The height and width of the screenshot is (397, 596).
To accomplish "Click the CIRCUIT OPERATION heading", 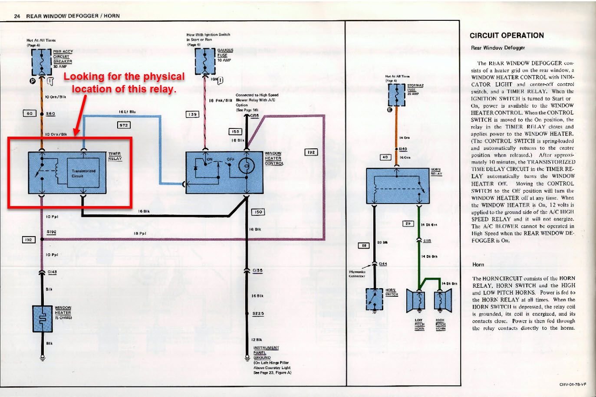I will (507, 36).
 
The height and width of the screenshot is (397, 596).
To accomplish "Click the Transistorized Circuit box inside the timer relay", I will (83, 173).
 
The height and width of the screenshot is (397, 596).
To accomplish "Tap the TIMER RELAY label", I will (115, 156).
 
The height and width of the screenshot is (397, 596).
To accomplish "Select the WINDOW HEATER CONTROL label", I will (274, 158).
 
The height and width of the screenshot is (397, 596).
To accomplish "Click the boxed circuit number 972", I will (124, 125).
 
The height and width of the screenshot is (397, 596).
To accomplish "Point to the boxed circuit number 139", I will (192, 115).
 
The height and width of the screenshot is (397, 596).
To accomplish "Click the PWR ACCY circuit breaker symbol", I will (42, 62).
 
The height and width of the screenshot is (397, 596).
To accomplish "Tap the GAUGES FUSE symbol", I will (205, 61).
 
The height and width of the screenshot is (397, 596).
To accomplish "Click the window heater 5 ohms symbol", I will (43, 318).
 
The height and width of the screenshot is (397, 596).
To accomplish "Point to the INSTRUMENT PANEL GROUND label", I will (266, 353).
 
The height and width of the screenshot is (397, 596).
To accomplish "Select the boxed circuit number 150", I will (258, 212).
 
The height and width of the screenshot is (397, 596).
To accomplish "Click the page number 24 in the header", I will (17, 16).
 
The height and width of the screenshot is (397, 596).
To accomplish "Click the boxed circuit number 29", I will (408, 224).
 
